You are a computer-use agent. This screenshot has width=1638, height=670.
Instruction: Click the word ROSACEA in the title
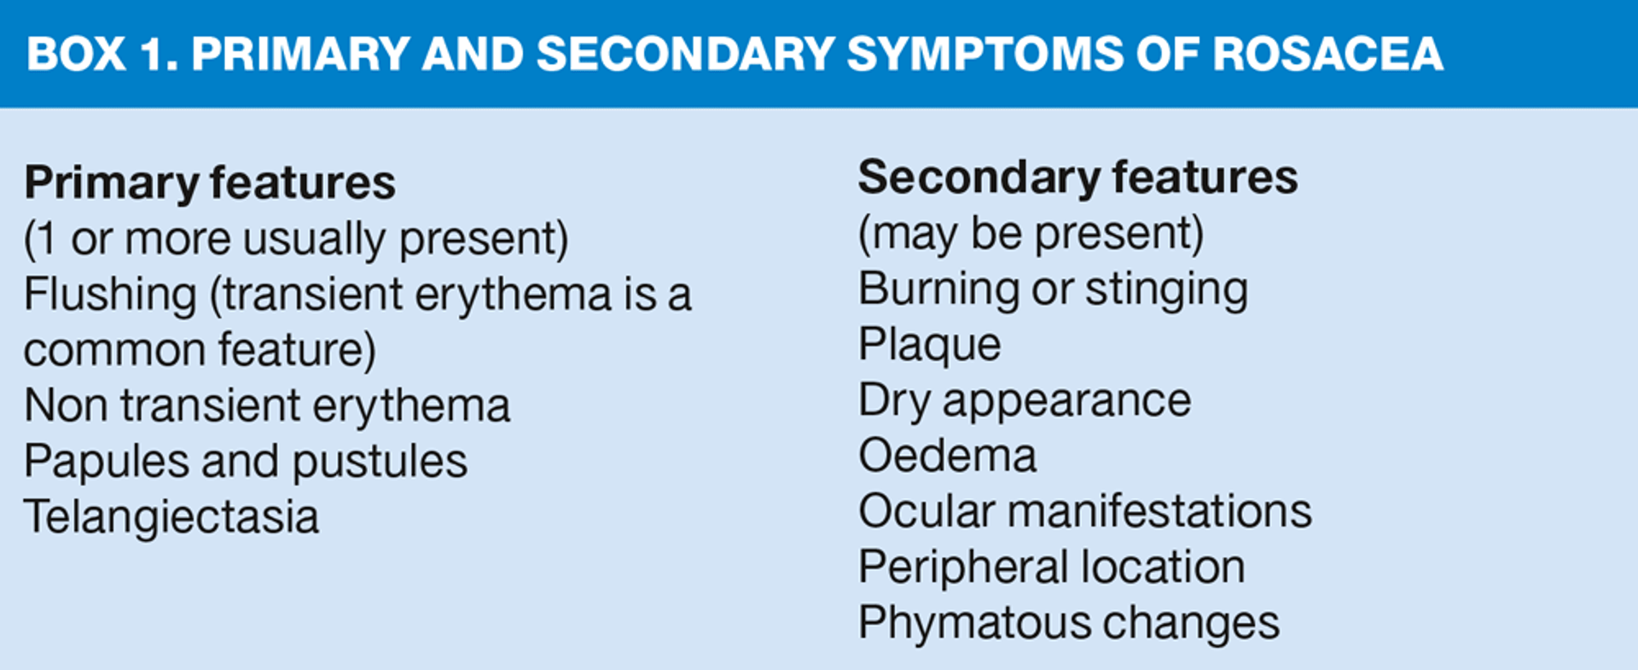[1327, 55]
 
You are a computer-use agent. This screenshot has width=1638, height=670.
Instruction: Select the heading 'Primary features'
[210, 183]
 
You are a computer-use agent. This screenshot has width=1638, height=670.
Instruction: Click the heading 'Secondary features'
[1077, 178]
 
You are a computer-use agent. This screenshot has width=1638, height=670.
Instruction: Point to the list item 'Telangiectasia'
[171, 517]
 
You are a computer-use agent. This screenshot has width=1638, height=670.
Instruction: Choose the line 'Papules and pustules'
[246, 462]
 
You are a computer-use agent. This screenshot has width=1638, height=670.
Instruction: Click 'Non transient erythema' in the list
[267, 405]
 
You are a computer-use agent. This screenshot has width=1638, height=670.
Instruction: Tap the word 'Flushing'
[110, 295]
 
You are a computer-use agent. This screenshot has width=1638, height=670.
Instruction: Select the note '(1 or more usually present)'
[296, 239]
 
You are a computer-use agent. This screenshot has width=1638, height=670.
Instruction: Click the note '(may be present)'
[1031, 234]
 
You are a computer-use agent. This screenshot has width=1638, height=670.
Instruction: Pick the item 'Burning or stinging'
[1053, 289]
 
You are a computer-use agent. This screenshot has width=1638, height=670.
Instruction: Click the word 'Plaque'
[929, 345]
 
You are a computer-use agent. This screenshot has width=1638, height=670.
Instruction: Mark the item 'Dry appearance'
[1025, 400]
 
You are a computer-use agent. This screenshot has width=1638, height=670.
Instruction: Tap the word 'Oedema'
[947, 456]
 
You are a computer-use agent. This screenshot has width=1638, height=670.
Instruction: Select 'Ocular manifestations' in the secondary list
[1085, 511]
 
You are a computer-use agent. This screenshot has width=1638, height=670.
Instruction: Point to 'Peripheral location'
[1051, 568]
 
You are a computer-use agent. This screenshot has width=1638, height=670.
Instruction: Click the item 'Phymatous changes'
[1069, 623]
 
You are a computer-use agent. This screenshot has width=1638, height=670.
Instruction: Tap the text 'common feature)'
[200, 351]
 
